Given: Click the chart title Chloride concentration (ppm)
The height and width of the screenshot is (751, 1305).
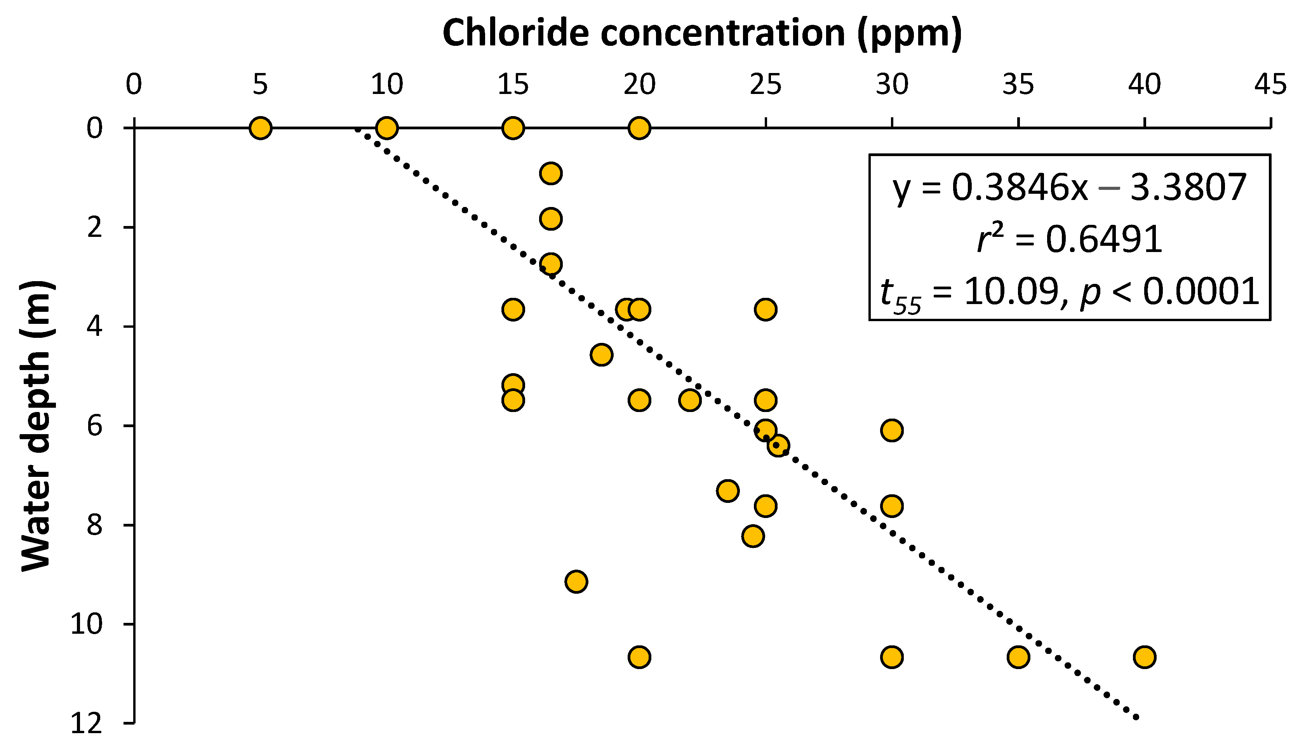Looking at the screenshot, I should [702, 33].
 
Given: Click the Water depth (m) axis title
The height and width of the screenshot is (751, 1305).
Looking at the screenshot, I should [36, 426].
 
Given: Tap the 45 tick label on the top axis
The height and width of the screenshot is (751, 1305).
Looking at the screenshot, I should [1270, 84].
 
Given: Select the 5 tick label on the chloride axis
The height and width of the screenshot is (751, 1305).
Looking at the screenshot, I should [260, 84].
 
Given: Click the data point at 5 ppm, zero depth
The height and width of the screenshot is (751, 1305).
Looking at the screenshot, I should [261, 128].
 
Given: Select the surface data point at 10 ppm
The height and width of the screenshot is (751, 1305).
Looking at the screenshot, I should [387, 128].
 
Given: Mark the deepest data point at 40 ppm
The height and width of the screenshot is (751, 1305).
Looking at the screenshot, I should [1145, 657].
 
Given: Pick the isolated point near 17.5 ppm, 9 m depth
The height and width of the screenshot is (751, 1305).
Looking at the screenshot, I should [576, 582].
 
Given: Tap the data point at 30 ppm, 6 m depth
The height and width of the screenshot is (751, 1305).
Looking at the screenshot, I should [892, 430].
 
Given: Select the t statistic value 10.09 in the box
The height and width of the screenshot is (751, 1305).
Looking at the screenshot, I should [1011, 291].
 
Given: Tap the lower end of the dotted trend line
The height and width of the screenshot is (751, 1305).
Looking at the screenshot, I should [1135, 717].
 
